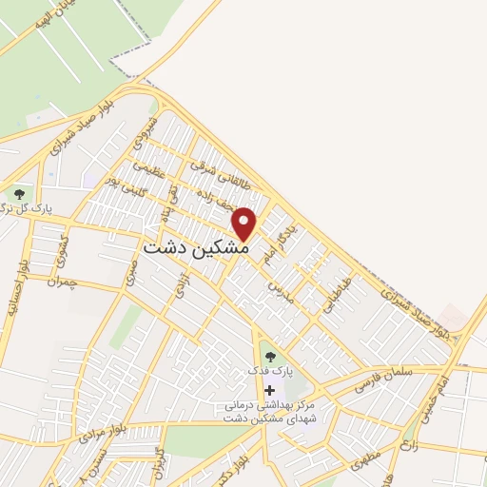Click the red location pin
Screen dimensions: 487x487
click(245, 223)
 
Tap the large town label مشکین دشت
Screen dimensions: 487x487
click(196, 246)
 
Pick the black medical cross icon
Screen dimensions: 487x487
click(270, 390)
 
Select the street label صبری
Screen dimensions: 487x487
click(131, 268)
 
